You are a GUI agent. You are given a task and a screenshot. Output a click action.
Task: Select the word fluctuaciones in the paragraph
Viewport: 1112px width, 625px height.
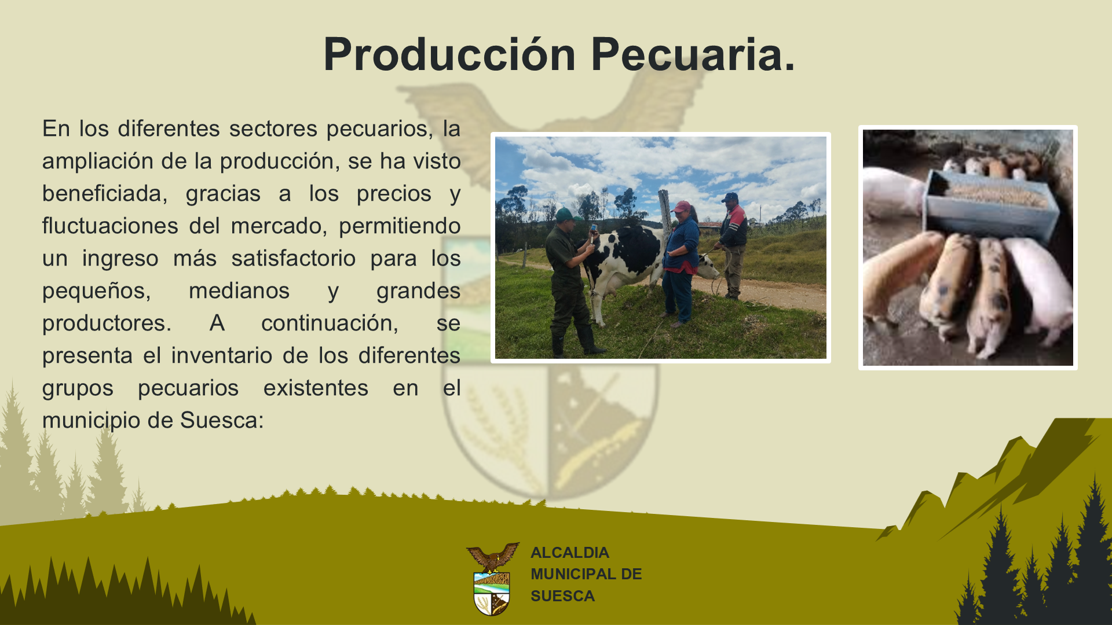point(110,226)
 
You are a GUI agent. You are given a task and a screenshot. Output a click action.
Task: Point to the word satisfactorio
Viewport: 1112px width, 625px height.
point(294,258)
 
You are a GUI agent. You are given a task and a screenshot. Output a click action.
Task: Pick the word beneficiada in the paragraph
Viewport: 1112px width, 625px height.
point(104,193)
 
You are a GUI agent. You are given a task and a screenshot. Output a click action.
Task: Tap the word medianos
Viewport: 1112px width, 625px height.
point(239,291)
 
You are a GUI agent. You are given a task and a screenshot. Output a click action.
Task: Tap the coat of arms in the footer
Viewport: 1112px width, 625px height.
point(492,579)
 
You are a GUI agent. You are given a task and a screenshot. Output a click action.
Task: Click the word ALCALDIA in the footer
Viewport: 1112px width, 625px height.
point(570,553)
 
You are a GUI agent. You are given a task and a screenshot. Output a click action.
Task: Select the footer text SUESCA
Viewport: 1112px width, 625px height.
point(562,596)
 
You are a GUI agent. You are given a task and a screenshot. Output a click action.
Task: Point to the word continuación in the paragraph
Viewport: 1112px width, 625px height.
point(330,323)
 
